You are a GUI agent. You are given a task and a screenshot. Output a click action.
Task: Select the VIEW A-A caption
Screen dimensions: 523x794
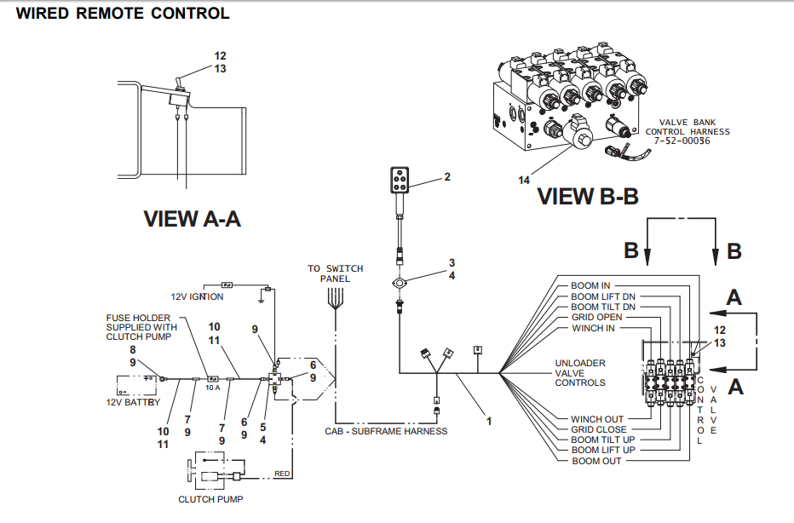(192, 219)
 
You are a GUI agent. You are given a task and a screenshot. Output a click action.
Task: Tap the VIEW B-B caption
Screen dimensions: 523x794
(588, 197)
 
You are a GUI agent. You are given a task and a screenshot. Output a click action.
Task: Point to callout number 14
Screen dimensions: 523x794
(525, 180)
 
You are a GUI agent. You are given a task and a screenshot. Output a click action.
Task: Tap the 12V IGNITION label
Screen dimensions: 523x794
(197, 296)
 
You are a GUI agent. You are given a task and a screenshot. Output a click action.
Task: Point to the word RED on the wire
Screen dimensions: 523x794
(281, 473)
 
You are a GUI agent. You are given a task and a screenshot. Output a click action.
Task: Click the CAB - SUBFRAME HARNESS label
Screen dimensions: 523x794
(386, 431)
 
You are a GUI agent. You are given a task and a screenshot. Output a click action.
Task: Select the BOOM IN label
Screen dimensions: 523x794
(590, 286)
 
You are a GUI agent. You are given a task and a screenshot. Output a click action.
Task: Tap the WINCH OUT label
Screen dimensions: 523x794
(597, 419)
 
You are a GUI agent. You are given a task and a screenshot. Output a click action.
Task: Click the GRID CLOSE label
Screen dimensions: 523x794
(598, 429)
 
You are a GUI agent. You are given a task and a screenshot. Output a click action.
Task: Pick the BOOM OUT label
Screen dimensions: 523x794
(596, 461)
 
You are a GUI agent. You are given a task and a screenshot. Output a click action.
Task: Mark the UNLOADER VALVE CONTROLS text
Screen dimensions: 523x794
(580, 373)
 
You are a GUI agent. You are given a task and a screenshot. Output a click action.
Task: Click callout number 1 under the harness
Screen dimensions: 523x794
(489, 420)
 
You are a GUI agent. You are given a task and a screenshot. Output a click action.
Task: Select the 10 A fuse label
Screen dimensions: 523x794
(212, 388)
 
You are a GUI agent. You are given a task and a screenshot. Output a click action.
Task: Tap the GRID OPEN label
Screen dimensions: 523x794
(596, 317)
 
